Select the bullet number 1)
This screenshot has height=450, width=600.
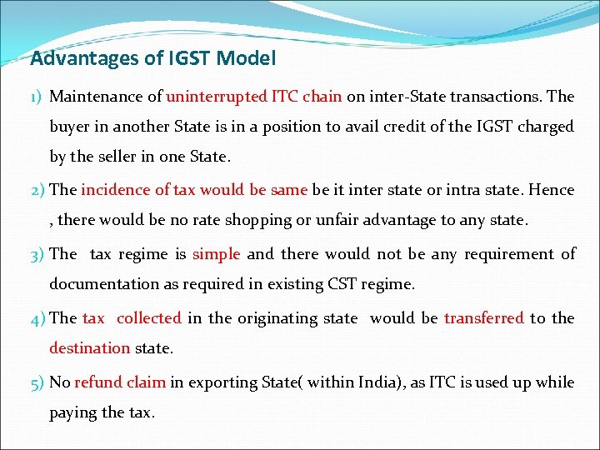[x=37, y=97]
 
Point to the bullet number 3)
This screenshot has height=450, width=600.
[x=37, y=254]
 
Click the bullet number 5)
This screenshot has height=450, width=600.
[x=37, y=382]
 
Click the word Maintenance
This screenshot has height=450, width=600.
[x=106, y=97]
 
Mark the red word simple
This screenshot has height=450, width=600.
[x=216, y=254]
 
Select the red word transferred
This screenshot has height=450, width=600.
[x=483, y=318]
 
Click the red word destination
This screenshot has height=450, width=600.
[x=90, y=348]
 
